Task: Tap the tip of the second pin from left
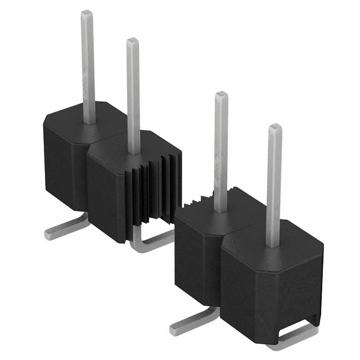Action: (x=132, y=42)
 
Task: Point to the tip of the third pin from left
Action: (x=221, y=96)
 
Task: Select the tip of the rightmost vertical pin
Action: (x=274, y=129)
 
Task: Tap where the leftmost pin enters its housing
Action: (x=89, y=121)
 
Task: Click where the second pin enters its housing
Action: (x=134, y=152)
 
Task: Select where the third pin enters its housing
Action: (x=220, y=209)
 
